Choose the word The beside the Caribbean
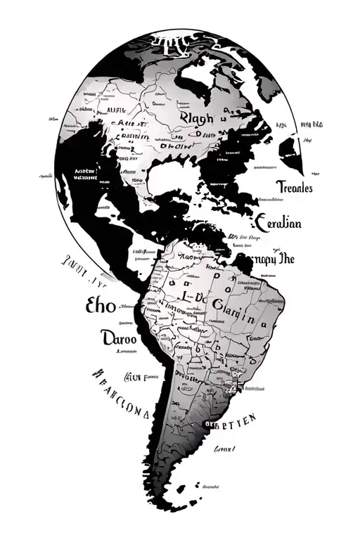[287, 258]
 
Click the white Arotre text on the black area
[86, 173]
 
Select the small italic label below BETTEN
[226, 448]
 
